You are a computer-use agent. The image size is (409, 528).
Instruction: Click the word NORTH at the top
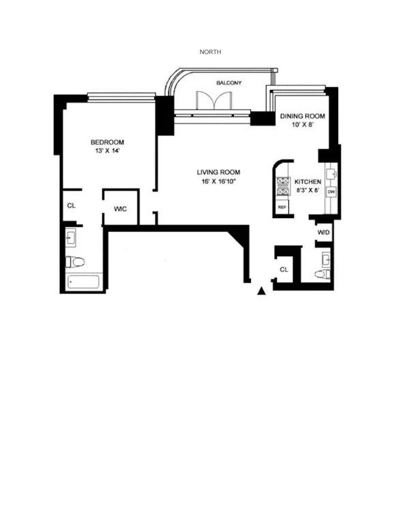pyautogui.click(x=210, y=52)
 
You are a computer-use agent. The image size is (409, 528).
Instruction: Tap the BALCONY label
pyautogui.click(x=228, y=83)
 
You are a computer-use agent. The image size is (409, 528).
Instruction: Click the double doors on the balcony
pyautogui.click(x=209, y=100)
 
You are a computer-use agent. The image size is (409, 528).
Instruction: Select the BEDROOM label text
pyautogui.click(x=108, y=142)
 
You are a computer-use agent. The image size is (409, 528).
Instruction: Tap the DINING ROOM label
pyautogui.click(x=303, y=117)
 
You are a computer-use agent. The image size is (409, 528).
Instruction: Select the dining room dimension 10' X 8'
pyautogui.click(x=303, y=125)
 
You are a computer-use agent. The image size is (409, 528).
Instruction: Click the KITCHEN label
pyautogui.click(x=307, y=182)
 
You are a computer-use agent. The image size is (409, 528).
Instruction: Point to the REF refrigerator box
pyautogui.click(x=281, y=207)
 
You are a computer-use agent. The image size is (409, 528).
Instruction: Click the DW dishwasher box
pyautogui.click(x=331, y=191)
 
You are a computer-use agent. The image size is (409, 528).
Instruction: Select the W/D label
pyautogui.click(x=323, y=233)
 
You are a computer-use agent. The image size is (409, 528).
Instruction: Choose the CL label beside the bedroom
pyautogui.click(x=70, y=205)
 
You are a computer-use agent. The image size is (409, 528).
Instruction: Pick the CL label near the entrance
pyautogui.click(x=284, y=270)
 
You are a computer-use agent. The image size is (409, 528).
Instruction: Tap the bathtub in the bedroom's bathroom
pyautogui.click(x=83, y=281)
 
